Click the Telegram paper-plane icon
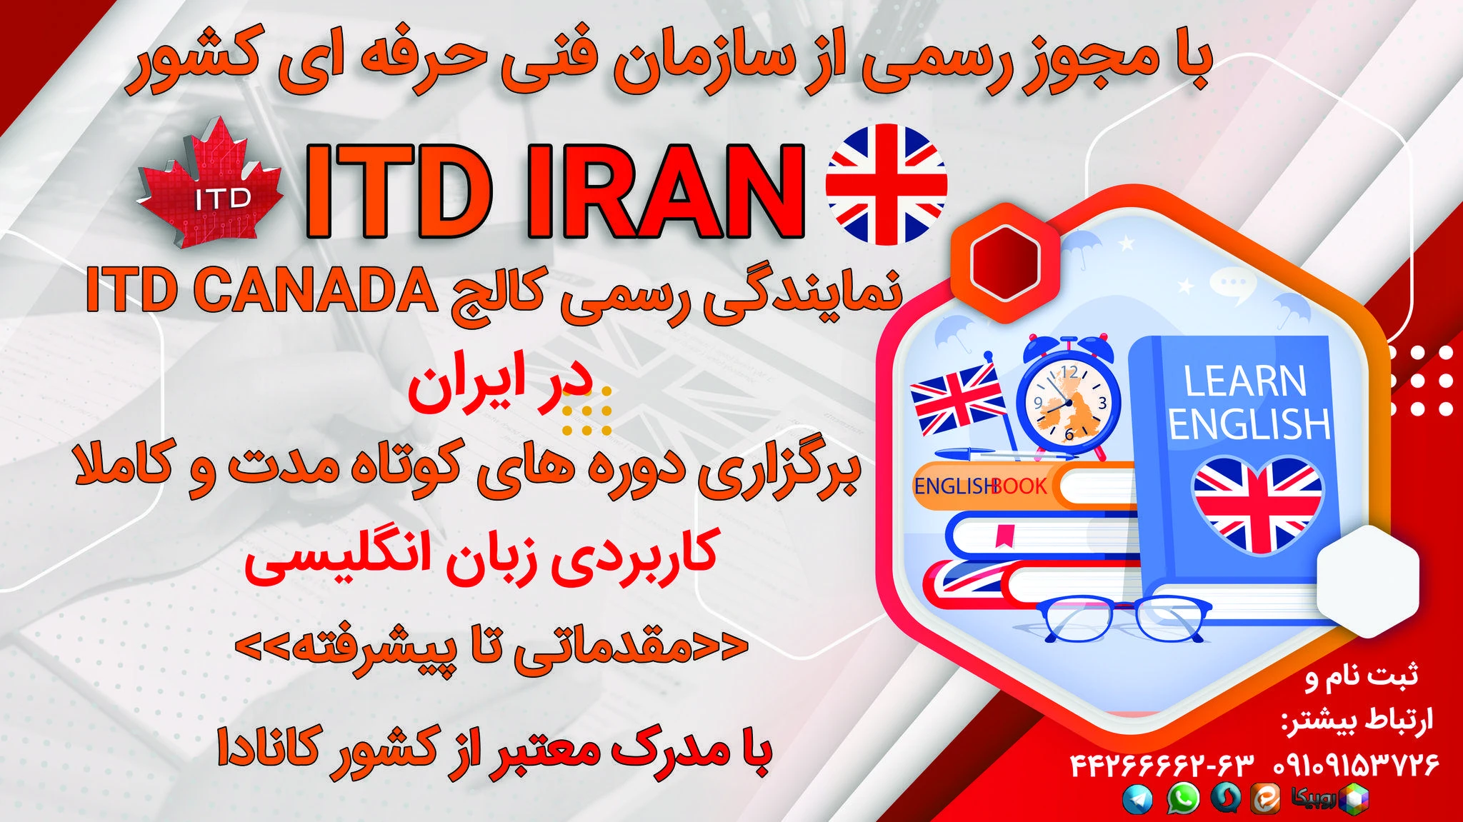pos(1137,798)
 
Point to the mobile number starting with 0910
pos(1356,765)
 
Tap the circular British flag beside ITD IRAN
pos(886,184)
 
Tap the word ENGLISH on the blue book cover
pos(1249,424)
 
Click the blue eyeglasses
pos(1124,618)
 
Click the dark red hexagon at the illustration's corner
pos(1004,262)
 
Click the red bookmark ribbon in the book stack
pos(1006,535)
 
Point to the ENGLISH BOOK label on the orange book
pos(980,486)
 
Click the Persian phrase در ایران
pos(500,390)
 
